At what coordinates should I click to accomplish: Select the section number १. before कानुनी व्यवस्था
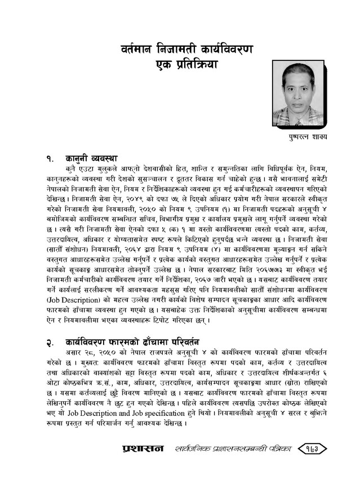click(x=51, y=158)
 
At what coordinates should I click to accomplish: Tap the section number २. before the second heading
click(x=51, y=341)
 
